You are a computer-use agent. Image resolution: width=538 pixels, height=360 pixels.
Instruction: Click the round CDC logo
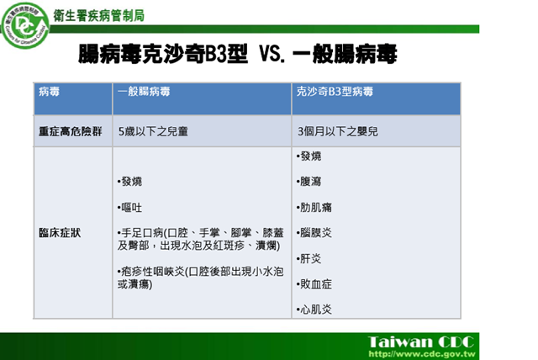pyautogui.click(x=24, y=25)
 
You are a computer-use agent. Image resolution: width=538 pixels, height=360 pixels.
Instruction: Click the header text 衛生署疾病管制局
pyautogui.click(x=99, y=16)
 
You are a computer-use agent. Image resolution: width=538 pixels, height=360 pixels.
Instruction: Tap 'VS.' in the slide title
pyautogui.click(x=272, y=54)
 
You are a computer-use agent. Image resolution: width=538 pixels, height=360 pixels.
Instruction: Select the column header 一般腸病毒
pyautogui.click(x=144, y=92)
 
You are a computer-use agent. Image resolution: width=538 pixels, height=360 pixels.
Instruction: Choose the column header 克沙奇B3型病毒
pyautogui.click(x=335, y=92)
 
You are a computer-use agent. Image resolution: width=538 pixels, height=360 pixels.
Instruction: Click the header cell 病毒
pyautogui.click(x=49, y=92)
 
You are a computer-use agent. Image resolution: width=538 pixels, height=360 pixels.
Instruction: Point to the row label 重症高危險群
pyautogui.click(x=71, y=131)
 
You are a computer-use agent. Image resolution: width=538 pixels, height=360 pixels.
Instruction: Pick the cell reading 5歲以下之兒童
pyautogui.click(x=153, y=131)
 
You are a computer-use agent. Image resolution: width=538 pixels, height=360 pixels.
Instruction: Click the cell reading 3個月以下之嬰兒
pyautogui.click(x=338, y=131)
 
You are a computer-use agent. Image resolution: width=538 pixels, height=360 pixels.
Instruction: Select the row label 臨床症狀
pyautogui.click(x=60, y=233)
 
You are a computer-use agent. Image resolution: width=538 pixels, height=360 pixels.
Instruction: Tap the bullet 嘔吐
pyautogui.click(x=129, y=208)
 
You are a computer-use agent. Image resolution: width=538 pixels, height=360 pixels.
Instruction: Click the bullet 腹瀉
pyautogui.click(x=309, y=182)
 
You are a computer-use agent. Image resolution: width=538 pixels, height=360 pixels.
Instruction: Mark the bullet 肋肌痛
pyautogui.click(x=314, y=207)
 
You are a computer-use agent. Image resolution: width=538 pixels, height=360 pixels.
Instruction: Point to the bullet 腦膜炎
pyautogui.click(x=314, y=233)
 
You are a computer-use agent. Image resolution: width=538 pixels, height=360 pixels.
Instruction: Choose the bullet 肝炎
pyautogui.click(x=309, y=258)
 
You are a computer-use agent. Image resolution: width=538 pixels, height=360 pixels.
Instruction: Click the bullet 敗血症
pyautogui.click(x=314, y=283)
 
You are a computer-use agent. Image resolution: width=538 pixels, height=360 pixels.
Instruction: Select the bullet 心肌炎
pyautogui.click(x=314, y=310)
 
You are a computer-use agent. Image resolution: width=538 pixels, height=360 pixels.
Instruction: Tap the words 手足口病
pyautogui.click(x=142, y=233)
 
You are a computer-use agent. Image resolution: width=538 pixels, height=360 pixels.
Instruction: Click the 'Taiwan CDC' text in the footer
pyautogui.click(x=421, y=342)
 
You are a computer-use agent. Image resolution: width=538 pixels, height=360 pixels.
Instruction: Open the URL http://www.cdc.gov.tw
pyautogui.click(x=422, y=354)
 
